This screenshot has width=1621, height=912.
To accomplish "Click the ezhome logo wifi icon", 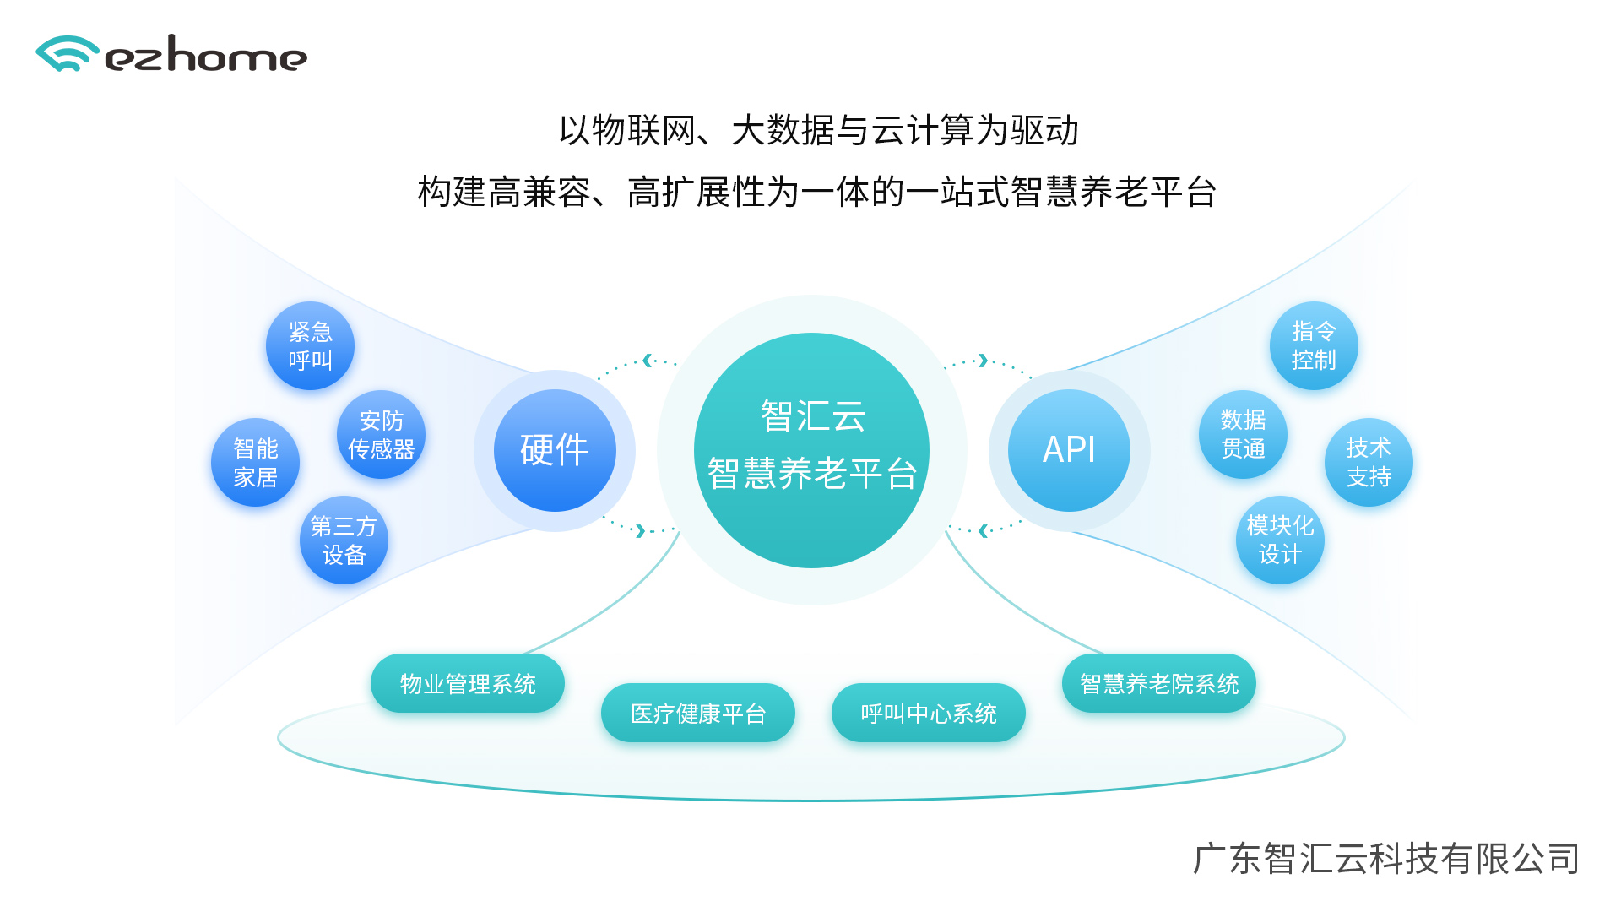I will (66, 54).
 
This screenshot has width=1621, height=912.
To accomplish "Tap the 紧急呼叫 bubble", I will (310, 346).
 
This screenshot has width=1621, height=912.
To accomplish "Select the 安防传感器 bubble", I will (381, 435).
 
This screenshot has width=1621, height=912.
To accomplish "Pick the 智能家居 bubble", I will (255, 463).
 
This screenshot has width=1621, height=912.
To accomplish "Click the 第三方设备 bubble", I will (344, 540).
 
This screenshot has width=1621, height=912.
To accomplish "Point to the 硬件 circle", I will (555, 450).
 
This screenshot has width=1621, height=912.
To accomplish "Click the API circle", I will (1069, 450).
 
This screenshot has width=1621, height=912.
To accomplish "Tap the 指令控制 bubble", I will (1314, 346).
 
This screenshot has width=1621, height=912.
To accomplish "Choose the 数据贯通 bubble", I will (1243, 435).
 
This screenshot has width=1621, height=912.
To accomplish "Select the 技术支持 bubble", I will (1369, 463).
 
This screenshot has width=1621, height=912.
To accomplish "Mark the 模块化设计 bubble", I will (1280, 540).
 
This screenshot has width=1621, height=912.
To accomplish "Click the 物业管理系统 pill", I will (468, 684).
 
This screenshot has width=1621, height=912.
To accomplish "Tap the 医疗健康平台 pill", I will (698, 714).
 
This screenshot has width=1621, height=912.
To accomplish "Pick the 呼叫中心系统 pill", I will (929, 714).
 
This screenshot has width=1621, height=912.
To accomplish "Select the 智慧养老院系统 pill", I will (1159, 684).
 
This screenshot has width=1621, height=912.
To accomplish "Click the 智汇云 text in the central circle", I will (812, 415).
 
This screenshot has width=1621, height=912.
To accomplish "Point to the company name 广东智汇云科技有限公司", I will (1385, 859).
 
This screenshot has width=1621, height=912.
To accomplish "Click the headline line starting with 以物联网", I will (819, 131).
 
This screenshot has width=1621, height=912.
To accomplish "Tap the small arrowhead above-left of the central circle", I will (648, 361).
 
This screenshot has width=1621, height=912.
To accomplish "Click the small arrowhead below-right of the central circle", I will (983, 531).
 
